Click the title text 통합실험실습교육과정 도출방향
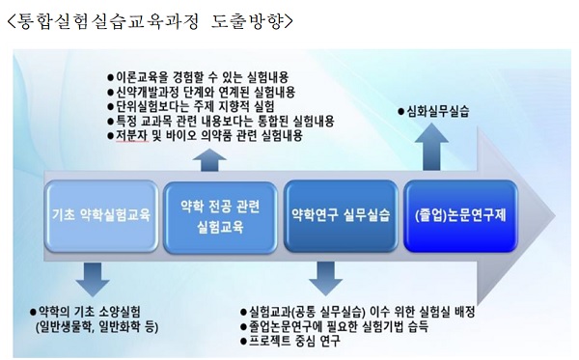(150, 19)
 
